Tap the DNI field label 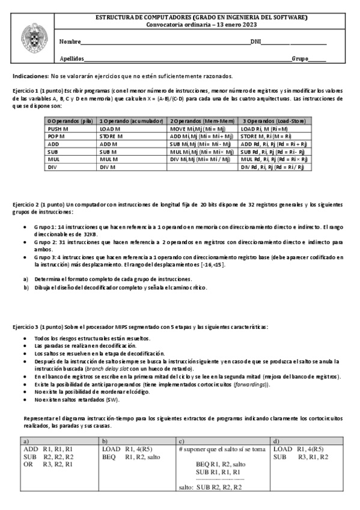coord(256,41)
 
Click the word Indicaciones coord(29,77)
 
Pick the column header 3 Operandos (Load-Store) coord(274,121)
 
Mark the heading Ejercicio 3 coord(26,327)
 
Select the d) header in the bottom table coord(276,441)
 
